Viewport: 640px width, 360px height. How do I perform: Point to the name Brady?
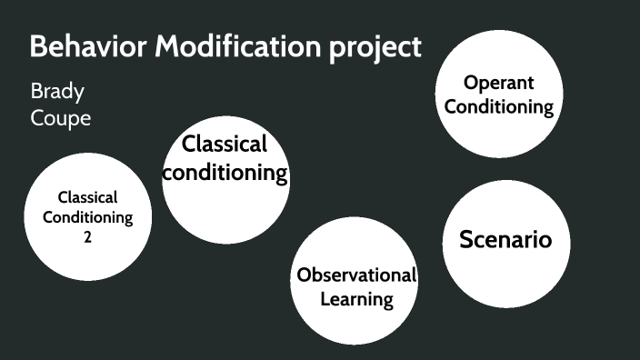58,92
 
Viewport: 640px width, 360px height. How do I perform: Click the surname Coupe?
61,118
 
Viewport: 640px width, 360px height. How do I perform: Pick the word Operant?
498,83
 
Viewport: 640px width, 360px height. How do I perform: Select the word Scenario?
505,240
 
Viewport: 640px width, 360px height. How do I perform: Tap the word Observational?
356,275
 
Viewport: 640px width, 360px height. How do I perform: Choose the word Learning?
356,298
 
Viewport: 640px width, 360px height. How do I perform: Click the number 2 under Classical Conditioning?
87,237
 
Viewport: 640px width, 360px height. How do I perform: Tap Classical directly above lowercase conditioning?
225,144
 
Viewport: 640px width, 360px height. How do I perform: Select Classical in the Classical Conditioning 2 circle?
87,196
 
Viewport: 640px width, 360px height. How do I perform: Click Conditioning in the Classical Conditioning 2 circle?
87,217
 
